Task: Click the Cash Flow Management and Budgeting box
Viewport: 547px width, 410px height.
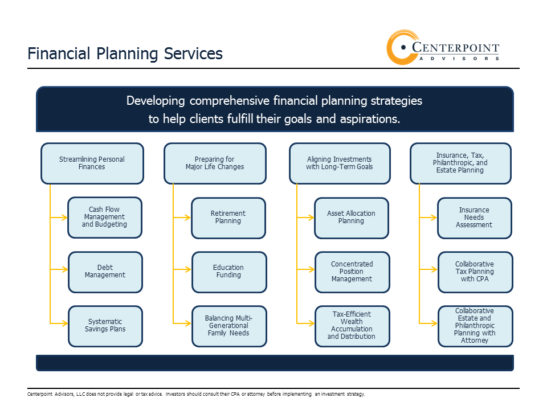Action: (105, 218)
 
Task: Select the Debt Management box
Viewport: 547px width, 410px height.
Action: (105, 272)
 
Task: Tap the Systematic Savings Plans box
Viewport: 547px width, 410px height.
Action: (105, 326)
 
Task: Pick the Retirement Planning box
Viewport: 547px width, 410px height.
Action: (228, 218)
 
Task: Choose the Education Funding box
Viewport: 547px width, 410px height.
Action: (229, 272)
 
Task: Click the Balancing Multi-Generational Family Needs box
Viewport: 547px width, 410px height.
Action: (229, 326)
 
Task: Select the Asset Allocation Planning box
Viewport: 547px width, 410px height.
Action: (352, 218)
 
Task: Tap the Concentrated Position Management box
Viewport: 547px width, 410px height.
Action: (352, 272)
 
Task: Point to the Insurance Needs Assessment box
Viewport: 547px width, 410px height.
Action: (475, 218)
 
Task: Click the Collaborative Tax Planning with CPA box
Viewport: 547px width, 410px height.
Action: (475, 272)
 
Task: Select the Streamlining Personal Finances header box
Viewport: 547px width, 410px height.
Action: (92, 163)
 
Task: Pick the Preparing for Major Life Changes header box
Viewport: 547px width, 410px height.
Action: (215, 163)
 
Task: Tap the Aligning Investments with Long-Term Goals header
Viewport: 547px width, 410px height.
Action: (340, 163)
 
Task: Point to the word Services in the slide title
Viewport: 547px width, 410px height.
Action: (193, 54)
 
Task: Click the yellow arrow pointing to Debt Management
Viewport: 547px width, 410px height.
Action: (59, 269)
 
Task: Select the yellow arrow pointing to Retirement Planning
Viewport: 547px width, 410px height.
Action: (182, 218)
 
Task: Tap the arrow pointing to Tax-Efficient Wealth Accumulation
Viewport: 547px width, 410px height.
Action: (305, 323)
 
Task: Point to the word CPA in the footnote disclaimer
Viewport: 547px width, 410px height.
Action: (235, 394)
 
